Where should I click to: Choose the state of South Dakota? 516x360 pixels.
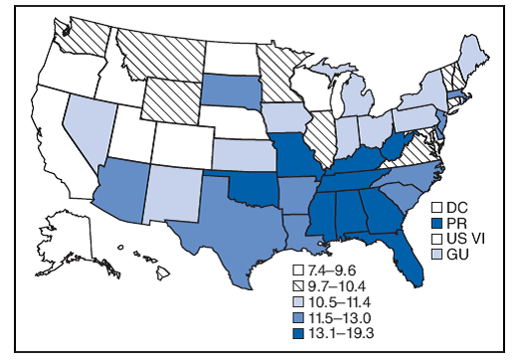click(x=231, y=90)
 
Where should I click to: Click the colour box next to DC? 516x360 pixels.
click(x=434, y=208)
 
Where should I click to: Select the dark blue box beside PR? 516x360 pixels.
click(x=434, y=224)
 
